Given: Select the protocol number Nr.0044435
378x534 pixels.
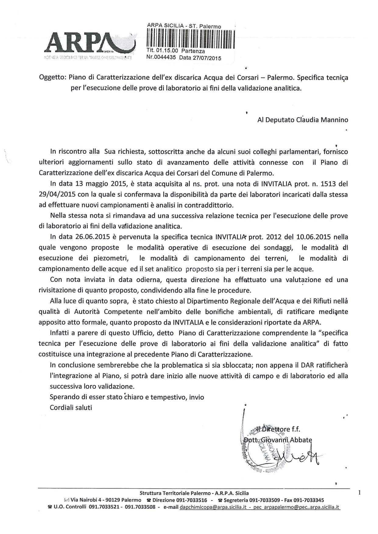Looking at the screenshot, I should click(161, 57).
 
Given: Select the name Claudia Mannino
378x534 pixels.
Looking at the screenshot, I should click(322, 120).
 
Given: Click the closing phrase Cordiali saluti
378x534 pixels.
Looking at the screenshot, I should click(71, 407).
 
